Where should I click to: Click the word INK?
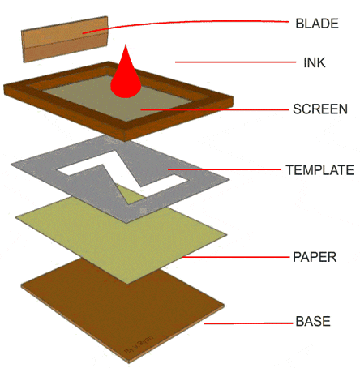tap(314, 62)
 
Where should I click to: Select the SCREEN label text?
tap(319, 109)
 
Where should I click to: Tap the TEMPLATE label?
tap(319, 170)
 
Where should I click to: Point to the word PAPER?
tap(314, 258)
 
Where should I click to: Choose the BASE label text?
tap(312, 322)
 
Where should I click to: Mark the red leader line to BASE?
tap(247, 323)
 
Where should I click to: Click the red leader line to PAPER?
tap(235, 257)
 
